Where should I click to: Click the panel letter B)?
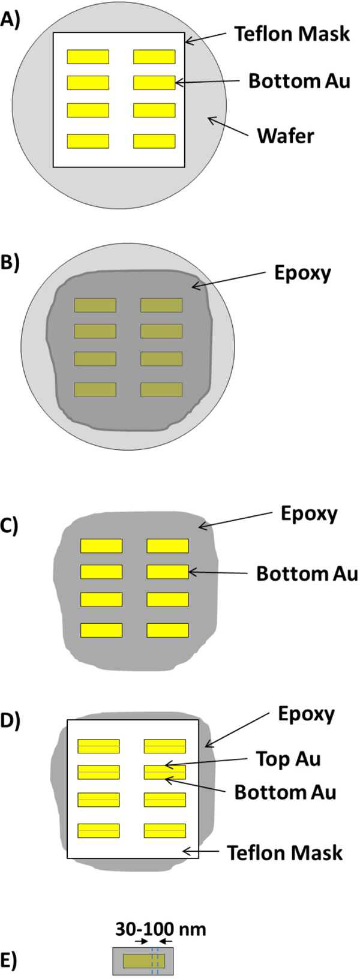pyautogui.click(x=10, y=264)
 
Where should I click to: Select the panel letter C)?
pyautogui.click(x=10, y=525)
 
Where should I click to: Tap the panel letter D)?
pyautogui.click(x=10, y=720)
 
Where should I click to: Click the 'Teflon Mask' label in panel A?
pyautogui.click(x=292, y=34)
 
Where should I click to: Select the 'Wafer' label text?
pyautogui.click(x=285, y=136)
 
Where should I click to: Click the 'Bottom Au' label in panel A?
pyautogui.click(x=299, y=81)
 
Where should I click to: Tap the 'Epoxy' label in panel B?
pyautogui.click(x=302, y=273)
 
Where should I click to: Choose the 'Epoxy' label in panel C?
pyautogui.click(x=309, y=513)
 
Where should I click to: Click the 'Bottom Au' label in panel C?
pyautogui.click(x=307, y=573)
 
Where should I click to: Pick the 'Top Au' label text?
pyautogui.click(x=288, y=759)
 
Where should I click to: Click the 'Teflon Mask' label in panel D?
pyautogui.click(x=284, y=852)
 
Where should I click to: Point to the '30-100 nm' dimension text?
pyautogui.click(x=160, y=930)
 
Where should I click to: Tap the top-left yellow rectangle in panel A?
pyautogui.click(x=88, y=56)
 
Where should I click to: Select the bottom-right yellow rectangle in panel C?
pyautogui.click(x=167, y=630)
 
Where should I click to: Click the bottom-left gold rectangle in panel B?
pyautogui.click(x=95, y=389)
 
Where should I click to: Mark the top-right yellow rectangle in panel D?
pyautogui.click(x=164, y=746)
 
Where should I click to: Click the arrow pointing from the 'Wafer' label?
pyautogui.click(x=228, y=127)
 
